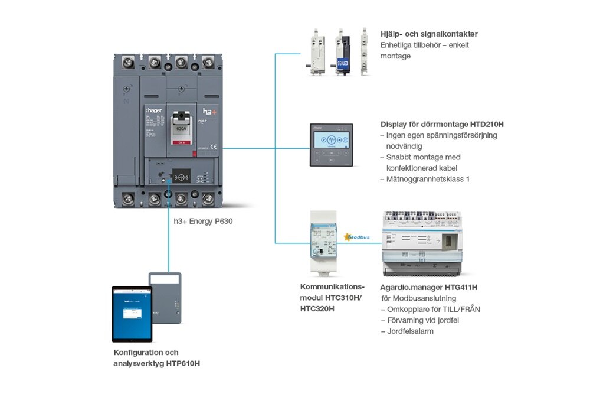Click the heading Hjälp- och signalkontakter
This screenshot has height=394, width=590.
pos(429,34)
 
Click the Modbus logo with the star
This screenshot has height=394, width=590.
pos(358,237)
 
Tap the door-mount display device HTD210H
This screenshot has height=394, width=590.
pos(332,145)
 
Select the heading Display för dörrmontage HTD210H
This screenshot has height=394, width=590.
pos(442,125)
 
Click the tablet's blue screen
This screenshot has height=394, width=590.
pos(132,314)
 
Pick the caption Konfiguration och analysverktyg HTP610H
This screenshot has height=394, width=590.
pos(157,358)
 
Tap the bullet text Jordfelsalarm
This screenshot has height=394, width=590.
pos(410,331)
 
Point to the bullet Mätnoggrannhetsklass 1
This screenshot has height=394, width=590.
pos(428,179)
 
